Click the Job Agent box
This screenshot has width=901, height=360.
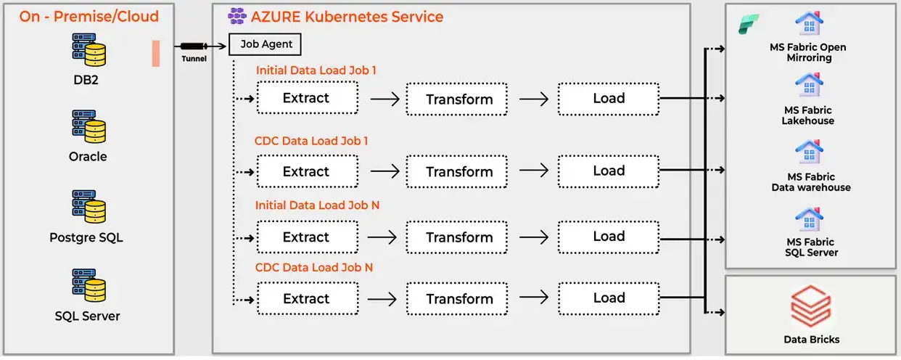[x=265, y=44]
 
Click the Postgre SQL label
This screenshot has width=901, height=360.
[x=88, y=237]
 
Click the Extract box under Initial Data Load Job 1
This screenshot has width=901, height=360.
[x=307, y=98]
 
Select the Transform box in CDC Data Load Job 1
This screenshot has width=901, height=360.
[x=459, y=172]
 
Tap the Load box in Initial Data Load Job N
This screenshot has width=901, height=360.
[x=608, y=237]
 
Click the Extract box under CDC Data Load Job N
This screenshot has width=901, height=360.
[x=307, y=299]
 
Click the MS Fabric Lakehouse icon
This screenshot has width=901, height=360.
[x=808, y=84]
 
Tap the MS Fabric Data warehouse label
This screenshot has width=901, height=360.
[x=811, y=182]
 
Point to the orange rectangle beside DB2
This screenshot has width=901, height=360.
[x=156, y=54]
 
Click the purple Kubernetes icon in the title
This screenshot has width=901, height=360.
[x=237, y=15]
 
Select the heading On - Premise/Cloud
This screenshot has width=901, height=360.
[x=89, y=16]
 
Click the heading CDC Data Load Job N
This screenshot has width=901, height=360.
[x=314, y=267]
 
